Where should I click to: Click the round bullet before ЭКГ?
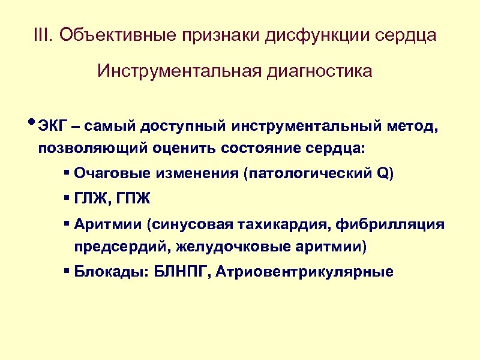coord(32,124)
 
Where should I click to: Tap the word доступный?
coord(182,127)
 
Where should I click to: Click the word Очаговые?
coord(113,175)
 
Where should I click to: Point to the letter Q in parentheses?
coord(382,175)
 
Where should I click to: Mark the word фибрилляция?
coord(391,225)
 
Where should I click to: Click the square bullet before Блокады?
coord(66,271)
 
